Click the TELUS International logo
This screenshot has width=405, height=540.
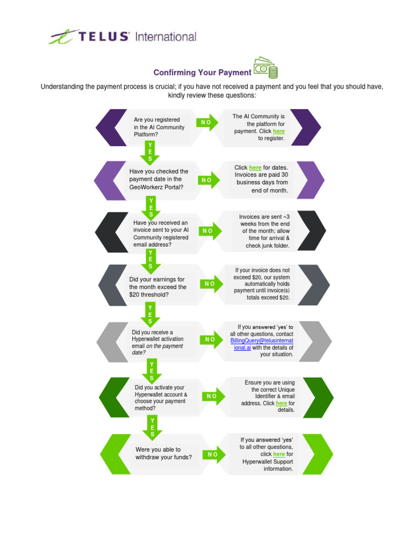tap(122, 37)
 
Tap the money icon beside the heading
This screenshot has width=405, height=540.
tap(265, 69)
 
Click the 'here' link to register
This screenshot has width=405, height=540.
tap(278, 131)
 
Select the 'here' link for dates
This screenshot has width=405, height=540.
tap(255, 168)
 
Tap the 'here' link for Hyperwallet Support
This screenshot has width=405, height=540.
tap(279, 454)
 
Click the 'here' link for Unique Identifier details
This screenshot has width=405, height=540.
tap(281, 403)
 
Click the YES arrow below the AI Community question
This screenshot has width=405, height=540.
tap(150, 152)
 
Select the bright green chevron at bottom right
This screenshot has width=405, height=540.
tap(317, 454)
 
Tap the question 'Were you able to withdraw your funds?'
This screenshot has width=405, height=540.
tap(163, 453)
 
